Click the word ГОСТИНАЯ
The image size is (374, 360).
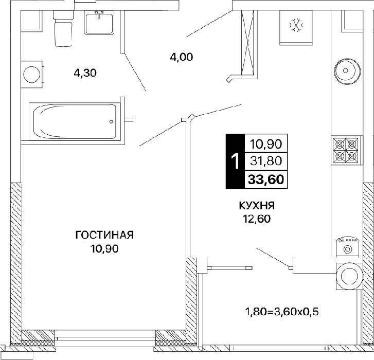(104, 235)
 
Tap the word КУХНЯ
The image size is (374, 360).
(257, 206)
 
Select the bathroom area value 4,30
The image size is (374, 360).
(85, 73)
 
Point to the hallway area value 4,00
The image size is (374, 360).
(182, 57)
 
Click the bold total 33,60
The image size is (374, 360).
(266, 179)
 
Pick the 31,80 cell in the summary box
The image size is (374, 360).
(266, 161)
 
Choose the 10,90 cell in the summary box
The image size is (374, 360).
(266, 144)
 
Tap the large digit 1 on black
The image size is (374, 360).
(236, 161)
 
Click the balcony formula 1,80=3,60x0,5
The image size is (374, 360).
(282, 312)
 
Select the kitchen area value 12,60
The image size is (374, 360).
(257, 219)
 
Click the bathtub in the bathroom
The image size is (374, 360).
(75, 121)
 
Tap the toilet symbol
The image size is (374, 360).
(63, 28)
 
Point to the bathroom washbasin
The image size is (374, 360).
(99, 23)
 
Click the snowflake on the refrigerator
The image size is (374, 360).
(296, 25)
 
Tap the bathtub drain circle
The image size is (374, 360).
(111, 121)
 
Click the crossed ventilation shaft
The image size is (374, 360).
(248, 43)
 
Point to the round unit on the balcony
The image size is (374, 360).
(349, 276)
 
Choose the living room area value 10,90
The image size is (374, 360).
(104, 249)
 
